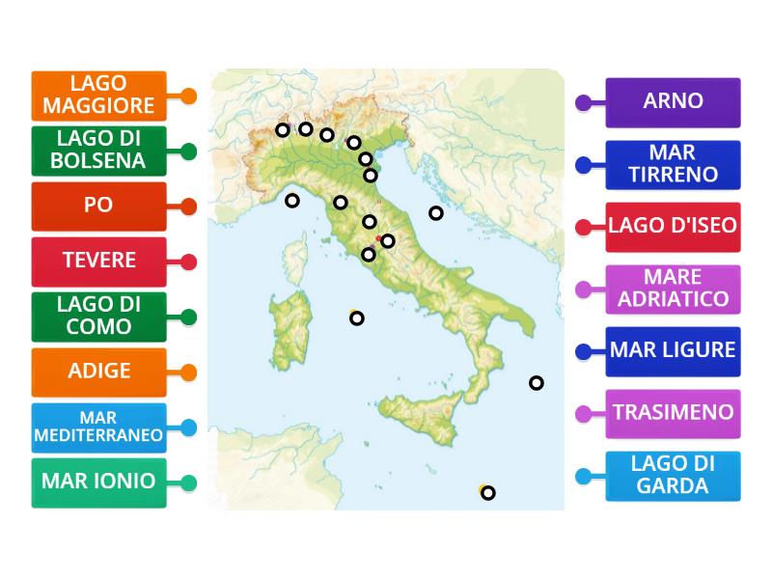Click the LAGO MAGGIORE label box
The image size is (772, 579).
pyautogui.click(x=98, y=96)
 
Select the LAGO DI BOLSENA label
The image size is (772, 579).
pyautogui.click(x=98, y=151)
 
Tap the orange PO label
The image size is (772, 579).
pyautogui.click(x=98, y=206)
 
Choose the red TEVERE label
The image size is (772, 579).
pyautogui.click(x=98, y=261)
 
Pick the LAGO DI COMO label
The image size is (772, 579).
pyautogui.click(x=98, y=316)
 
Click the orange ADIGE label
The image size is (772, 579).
pyautogui.click(x=98, y=372)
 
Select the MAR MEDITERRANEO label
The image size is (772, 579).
pyautogui.click(x=98, y=427)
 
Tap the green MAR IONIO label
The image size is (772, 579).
pyautogui.click(x=98, y=482)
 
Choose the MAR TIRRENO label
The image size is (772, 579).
pyautogui.click(x=673, y=164)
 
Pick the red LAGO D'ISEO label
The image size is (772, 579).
pyautogui.click(x=673, y=227)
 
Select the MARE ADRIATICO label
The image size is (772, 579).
pyautogui.click(x=673, y=289)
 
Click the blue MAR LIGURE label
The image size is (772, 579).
pyautogui.click(x=673, y=350)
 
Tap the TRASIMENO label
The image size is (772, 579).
pyautogui.click(x=673, y=413)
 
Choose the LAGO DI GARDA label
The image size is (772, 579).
pyautogui.click(x=673, y=475)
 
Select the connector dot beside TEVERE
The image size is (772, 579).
pyautogui.click(x=188, y=261)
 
